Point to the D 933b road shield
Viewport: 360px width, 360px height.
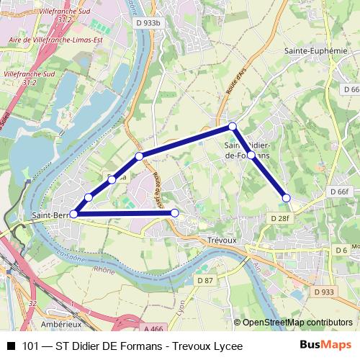coord(148,22)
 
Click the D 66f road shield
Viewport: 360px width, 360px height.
coord(338,192)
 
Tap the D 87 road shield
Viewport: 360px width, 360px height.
coord(206,280)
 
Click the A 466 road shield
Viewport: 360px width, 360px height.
coord(153,328)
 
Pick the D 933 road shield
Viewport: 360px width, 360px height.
coord(323,292)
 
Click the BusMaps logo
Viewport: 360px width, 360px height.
coord(326,346)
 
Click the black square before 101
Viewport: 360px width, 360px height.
coord(11,346)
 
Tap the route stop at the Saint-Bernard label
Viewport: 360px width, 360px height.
coord(73,214)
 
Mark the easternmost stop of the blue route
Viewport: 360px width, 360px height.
coord(286,197)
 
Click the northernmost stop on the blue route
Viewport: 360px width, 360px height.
coord(232,127)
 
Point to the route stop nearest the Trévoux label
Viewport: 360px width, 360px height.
coord(174,213)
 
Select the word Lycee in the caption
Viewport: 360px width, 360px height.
coord(225,346)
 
